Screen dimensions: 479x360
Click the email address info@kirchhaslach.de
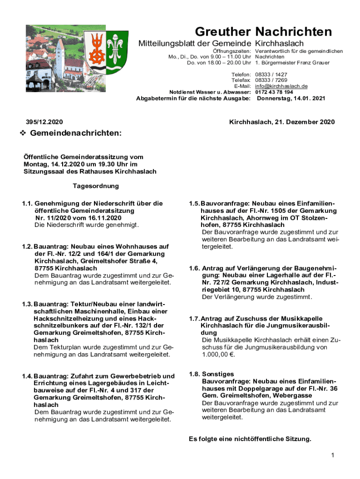[x=281, y=87]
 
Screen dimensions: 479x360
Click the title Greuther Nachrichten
[x=263, y=32]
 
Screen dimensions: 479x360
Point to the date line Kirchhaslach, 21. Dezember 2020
[x=282, y=122]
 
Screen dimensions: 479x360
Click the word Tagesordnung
[x=95, y=186]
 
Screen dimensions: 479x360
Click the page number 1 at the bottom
[x=331, y=455]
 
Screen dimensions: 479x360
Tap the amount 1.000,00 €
[x=218, y=355]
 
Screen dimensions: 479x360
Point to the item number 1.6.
[x=194, y=269]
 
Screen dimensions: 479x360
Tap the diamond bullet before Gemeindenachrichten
[x=22, y=134]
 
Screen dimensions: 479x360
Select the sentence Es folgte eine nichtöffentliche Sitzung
[x=250, y=439]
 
